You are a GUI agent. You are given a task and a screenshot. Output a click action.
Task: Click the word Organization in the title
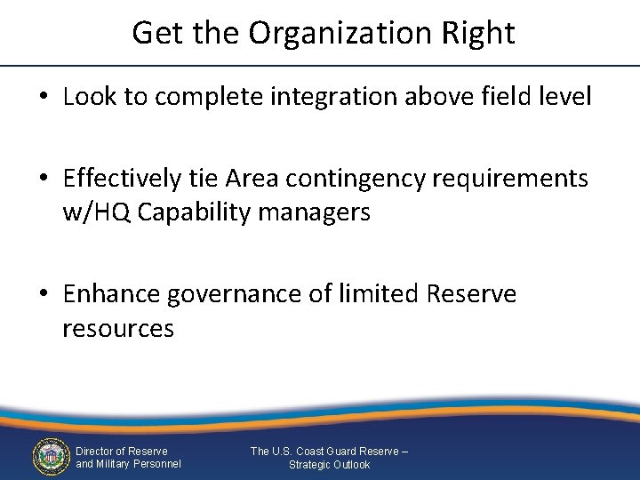(340, 34)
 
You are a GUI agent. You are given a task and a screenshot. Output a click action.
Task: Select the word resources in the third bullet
(118, 329)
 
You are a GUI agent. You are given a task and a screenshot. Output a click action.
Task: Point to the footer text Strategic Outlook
(329, 465)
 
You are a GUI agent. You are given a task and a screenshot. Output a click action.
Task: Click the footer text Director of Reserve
(122, 452)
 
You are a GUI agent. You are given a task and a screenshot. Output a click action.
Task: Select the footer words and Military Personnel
(128, 464)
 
